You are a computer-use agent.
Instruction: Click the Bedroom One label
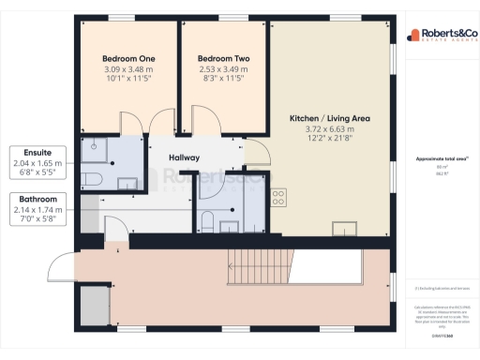(128, 58)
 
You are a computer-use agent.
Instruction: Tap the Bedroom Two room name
(223, 58)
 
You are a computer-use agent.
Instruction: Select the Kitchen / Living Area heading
(330, 118)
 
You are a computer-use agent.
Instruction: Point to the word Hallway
(184, 157)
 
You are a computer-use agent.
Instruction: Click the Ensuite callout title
(37, 152)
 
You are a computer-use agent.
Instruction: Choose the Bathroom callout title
(37, 200)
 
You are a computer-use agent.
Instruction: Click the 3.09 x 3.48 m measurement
(128, 69)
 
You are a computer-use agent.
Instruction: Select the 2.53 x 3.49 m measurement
(223, 69)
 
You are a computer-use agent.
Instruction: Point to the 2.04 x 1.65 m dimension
(37, 162)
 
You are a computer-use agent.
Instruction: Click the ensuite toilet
(88, 179)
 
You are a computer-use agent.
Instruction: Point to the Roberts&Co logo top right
(438, 37)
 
